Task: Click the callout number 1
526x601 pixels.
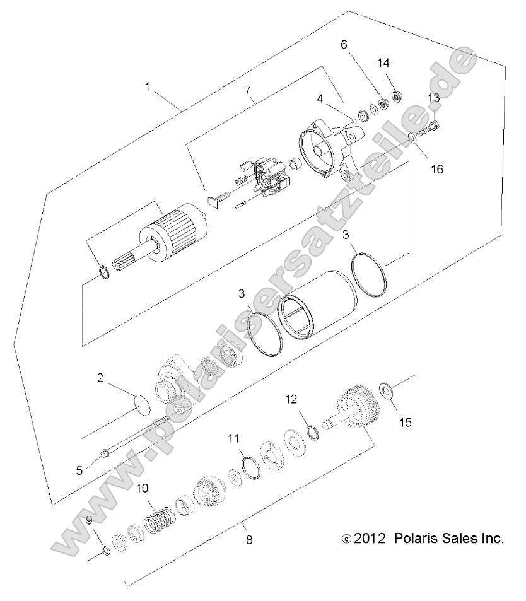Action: point(148,87)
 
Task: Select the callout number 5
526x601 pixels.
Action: point(79,469)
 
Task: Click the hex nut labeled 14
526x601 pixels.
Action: point(398,96)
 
